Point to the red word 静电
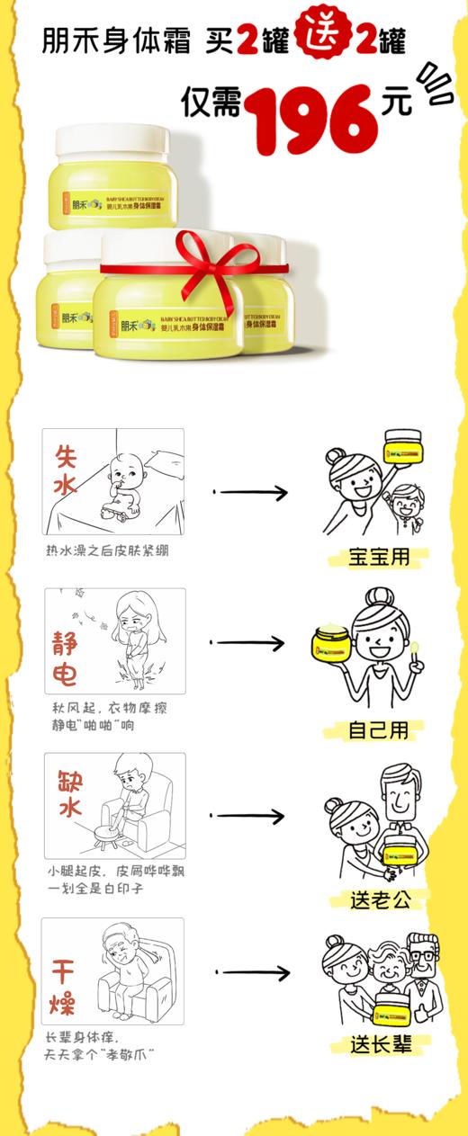pyautogui.click(x=66, y=657)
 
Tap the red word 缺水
pyautogui.click(x=69, y=792)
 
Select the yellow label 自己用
pyautogui.click(x=378, y=729)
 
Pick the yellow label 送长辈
pyautogui.click(x=380, y=1044)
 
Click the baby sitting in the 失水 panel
pyautogui.click(x=122, y=489)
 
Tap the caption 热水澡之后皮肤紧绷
pyautogui.click(x=107, y=550)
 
